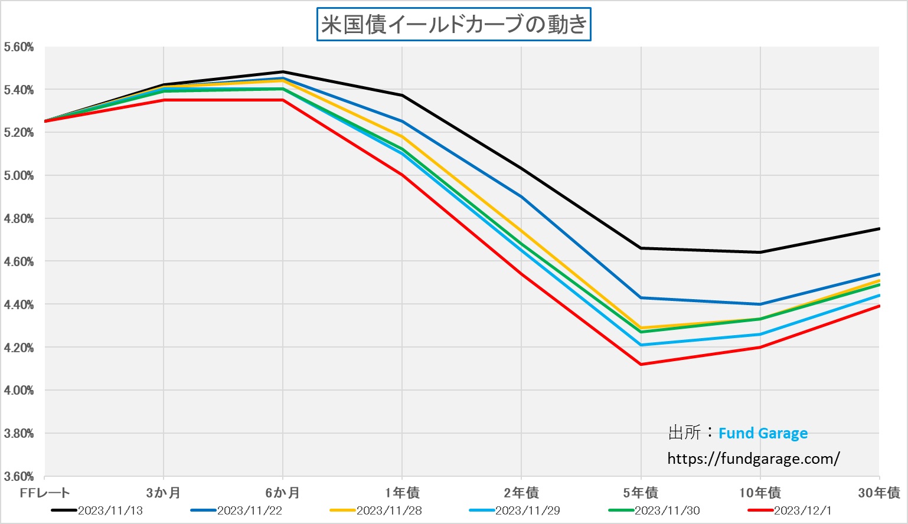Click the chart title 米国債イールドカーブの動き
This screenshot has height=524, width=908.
[x=453, y=25]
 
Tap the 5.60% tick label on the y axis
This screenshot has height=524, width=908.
[x=19, y=47]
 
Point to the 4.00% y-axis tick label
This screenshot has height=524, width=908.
[x=19, y=391]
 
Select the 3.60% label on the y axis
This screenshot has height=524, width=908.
[x=19, y=476]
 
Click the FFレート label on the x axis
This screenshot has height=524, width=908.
[x=45, y=493]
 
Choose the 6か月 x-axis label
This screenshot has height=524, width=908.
[x=282, y=493]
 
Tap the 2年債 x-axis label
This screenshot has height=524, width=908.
[x=521, y=493]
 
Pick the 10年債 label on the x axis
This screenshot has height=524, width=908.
[x=760, y=493]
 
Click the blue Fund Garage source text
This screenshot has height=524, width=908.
[x=763, y=434]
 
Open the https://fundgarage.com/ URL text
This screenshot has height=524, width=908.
[x=753, y=458]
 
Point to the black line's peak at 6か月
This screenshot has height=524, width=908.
[x=283, y=72]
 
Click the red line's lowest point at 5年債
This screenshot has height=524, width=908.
[x=641, y=365]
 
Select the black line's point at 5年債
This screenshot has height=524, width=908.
[x=641, y=248]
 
